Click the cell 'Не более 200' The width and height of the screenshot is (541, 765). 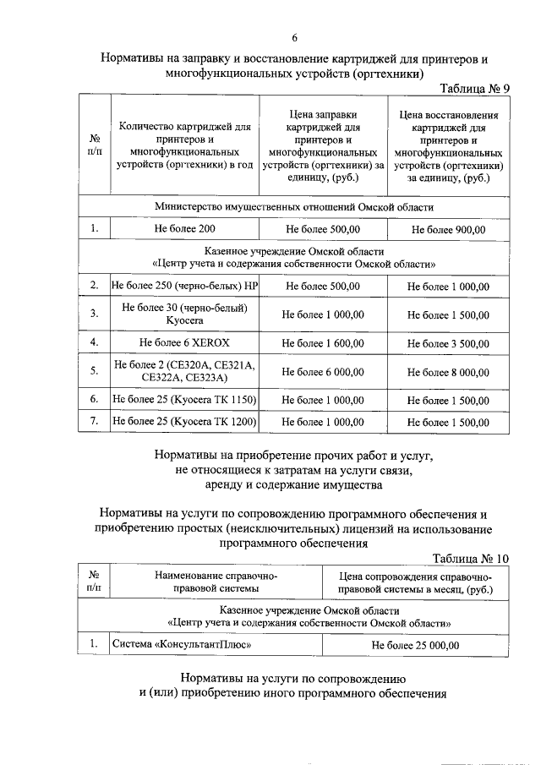coord(185,229)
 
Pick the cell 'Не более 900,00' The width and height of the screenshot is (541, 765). coord(448,229)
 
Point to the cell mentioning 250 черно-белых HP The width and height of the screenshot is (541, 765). coord(185,287)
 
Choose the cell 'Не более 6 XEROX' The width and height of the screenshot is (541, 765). coord(185,342)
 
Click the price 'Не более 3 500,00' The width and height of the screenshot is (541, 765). coord(448,343)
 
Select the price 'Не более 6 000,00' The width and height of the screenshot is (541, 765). coord(324,371)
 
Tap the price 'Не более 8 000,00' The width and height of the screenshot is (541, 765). coord(448,371)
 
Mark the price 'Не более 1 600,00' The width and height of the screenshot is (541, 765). coord(324,343)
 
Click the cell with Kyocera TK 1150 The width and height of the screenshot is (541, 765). coord(185,399)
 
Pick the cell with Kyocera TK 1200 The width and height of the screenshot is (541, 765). coord(185,422)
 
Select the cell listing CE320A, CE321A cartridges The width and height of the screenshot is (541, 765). coord(185,371)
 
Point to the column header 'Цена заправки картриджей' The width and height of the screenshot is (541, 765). coord(324,145)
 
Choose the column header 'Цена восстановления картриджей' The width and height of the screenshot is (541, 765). coord(448,146)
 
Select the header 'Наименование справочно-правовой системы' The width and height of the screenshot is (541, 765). coord(216,582)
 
